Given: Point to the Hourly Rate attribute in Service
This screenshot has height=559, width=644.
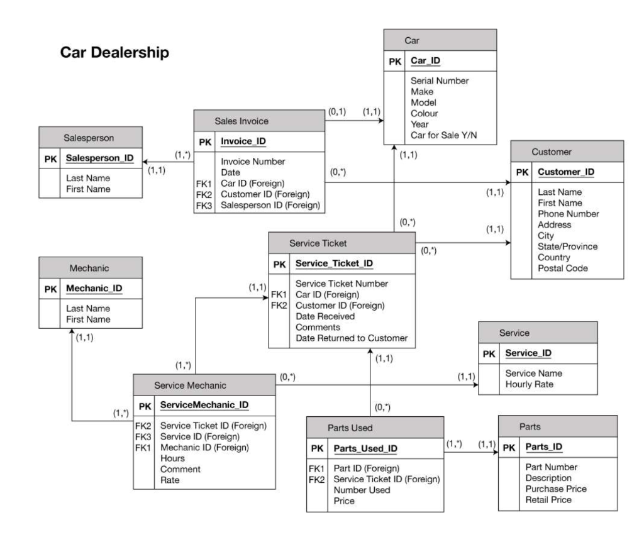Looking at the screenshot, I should [530, 384].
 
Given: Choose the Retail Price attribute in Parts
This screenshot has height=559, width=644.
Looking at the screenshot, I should [548, 500].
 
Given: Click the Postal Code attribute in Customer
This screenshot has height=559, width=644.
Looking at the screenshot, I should [563, 268].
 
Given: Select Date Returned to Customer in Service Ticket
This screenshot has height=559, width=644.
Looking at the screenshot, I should [352, 338].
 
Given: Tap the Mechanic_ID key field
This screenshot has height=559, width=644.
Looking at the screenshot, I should [94, 289].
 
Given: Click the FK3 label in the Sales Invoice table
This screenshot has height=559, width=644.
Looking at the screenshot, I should [204, 205].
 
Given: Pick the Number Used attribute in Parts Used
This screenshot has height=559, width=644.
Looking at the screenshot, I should [362, 490].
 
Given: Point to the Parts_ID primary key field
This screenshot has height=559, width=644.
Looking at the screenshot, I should [543, 446].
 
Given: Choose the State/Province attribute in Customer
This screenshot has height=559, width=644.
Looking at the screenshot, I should [567, 246].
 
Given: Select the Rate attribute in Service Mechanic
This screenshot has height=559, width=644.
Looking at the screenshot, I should [170, 480].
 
